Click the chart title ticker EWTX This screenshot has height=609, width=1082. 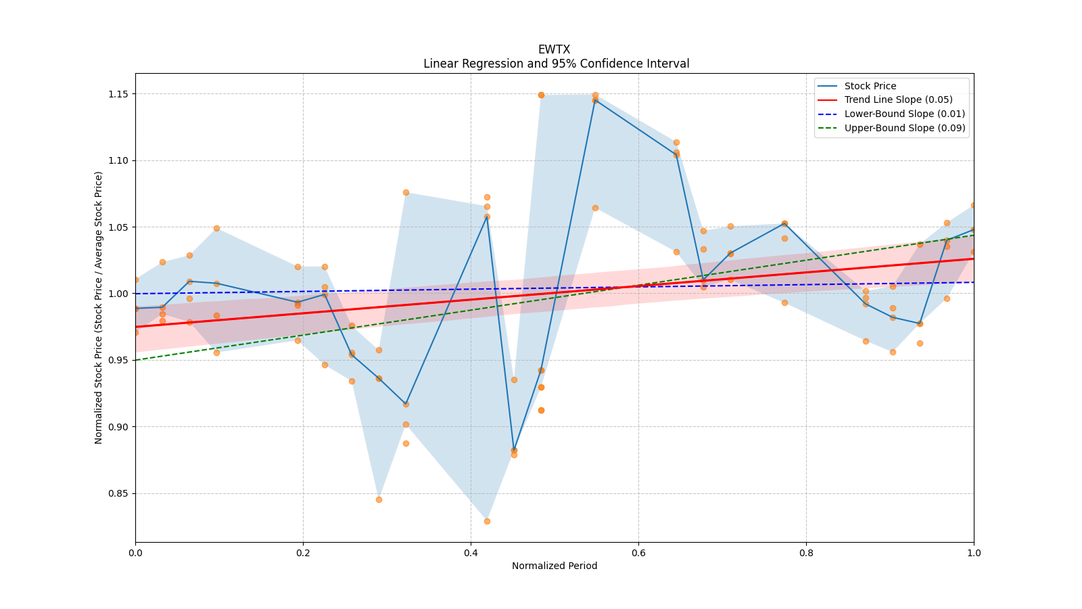[554, 49]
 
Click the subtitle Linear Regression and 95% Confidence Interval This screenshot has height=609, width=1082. [556, 64]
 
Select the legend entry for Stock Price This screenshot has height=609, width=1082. [870, 86]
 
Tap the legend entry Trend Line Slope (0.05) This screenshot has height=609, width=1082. [898, 99]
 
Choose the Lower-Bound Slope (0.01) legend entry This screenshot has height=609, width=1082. [904, 114]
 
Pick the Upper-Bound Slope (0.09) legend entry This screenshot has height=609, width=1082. [904, 128]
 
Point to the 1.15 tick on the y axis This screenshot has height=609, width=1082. [119, 94]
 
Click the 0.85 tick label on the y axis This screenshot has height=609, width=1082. [119, 493]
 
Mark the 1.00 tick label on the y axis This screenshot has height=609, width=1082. [119, 294]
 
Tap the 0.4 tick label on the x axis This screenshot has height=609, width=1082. [471, 553]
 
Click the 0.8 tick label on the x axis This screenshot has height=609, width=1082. [806, 553]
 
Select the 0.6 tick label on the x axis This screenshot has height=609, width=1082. [638, 553]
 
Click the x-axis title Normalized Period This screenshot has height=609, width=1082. [555, 566]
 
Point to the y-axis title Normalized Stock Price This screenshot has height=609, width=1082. [99, 307]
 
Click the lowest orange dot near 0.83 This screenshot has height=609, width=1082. [487, 521]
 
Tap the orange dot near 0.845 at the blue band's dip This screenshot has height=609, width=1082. [379, 499]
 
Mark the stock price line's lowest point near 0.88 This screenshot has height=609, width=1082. [514, 450]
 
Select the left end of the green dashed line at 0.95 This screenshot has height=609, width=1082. [136, 360]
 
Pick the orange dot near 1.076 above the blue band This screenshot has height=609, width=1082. [406, 192]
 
